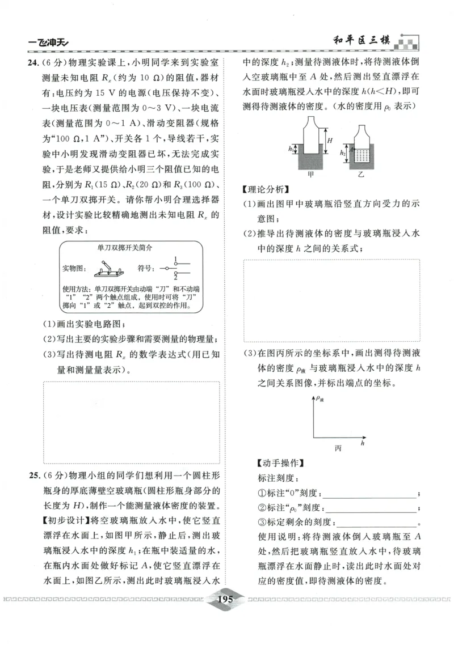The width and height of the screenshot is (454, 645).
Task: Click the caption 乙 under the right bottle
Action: [x=360, y=175]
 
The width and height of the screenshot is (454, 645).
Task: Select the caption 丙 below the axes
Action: [x=338, y=448]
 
